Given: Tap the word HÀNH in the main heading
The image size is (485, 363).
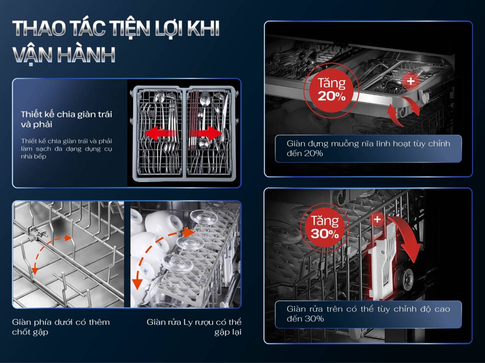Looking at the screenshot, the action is tap(86, 55).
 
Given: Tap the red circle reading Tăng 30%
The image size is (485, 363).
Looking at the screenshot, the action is tap(325, 227).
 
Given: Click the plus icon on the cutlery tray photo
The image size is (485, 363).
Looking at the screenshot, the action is tap(411, 81).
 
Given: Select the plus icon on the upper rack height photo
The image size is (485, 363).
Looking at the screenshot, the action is tap(377, 219).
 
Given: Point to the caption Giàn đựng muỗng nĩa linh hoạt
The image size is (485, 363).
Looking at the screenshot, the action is tap(368, 148).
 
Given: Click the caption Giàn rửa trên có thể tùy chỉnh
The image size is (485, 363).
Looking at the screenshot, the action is tap(368, 314).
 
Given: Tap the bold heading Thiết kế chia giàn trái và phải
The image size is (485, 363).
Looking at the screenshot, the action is tap(66, 119).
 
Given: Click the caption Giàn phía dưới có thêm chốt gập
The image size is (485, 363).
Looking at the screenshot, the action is tap(61, 327).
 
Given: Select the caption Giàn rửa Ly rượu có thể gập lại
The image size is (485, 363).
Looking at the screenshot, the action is tap(194, 327).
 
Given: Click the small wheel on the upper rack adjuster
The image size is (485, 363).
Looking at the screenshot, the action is tap(407, 278).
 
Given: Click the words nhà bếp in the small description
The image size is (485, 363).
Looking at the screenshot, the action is tap(33, 157).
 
